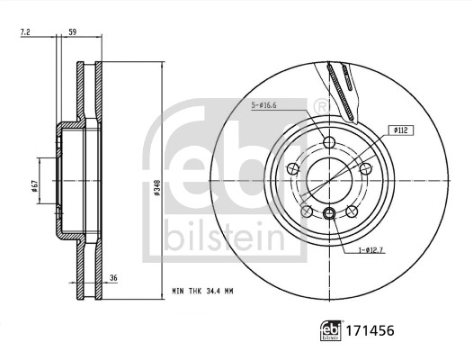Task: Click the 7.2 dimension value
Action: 25,32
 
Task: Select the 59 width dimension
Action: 72,32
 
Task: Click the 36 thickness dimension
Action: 114,279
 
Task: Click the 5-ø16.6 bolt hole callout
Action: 264,105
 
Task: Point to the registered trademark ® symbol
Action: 321,107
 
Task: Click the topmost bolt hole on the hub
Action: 328,141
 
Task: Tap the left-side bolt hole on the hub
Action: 292,168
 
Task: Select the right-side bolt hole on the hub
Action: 365,168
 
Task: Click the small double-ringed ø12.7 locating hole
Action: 329,213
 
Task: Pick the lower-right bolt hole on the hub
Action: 351,211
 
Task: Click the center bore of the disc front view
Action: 329,180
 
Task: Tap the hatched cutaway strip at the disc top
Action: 342,85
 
